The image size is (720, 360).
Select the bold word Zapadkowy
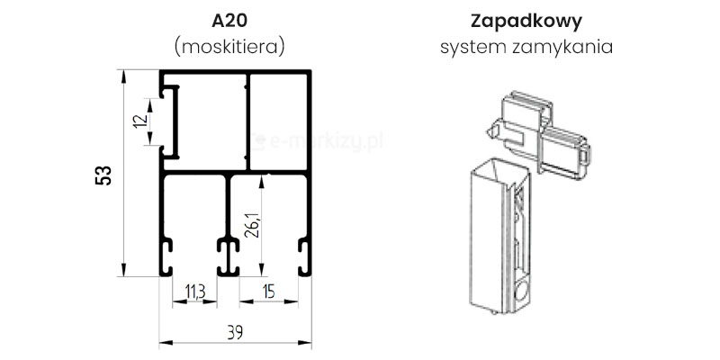(x=526, y=20)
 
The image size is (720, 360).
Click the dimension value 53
(x=103, y=175)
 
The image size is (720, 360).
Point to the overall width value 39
(x=233, y=331)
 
